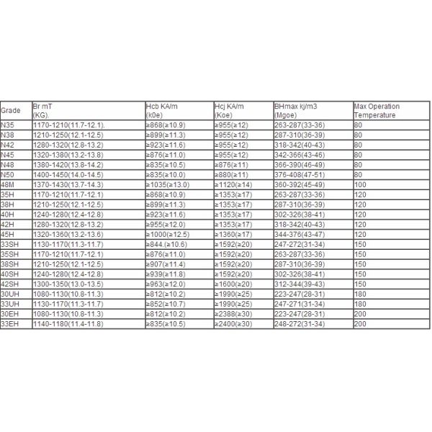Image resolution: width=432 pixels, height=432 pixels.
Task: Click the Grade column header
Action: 11,111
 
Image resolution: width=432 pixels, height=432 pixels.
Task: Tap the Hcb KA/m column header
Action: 161,110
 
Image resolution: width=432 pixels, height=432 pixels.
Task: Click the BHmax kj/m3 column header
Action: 297,110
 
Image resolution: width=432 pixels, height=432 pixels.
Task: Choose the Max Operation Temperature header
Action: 377,110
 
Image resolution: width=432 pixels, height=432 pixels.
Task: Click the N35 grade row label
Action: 8,125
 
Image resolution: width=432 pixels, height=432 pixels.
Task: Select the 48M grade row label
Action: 8,185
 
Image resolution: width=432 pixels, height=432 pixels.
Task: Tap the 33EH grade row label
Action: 9,324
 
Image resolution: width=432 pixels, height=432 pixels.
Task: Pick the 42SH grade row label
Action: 9,284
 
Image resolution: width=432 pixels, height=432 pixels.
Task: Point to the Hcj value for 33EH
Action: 234,324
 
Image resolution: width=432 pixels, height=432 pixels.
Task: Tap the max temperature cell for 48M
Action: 360,185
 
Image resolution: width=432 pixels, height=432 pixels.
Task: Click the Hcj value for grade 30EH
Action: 234,314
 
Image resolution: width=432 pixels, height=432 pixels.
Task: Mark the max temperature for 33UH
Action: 360,304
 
